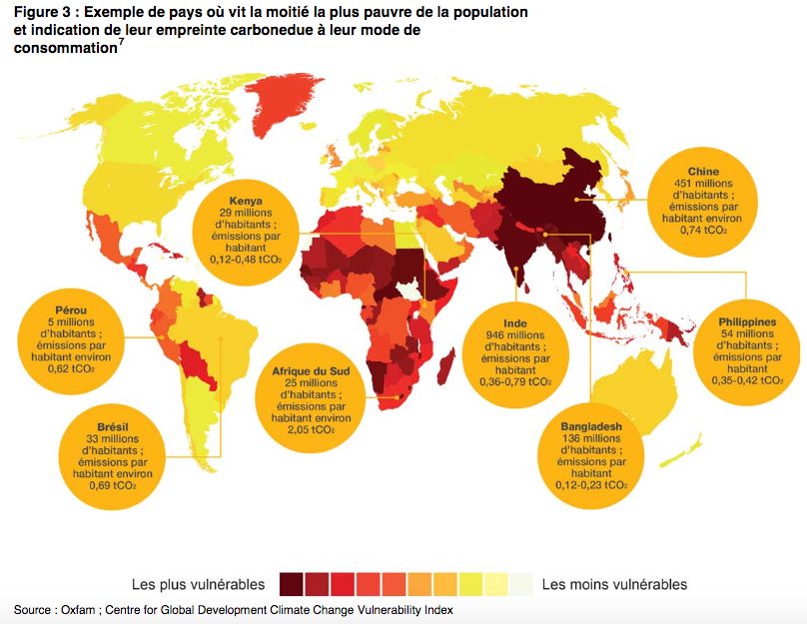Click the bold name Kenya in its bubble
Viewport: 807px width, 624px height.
(246, 200)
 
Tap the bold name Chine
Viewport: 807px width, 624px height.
(703, 172)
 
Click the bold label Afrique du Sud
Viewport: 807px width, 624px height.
(311, 370)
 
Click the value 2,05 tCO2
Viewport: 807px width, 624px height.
(311, 430)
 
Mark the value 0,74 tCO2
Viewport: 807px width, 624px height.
(703, 231)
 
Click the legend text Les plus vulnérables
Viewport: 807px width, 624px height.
(199, 584)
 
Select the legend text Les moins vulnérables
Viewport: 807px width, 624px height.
(614, 584)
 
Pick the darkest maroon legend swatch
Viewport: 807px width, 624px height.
(292, 584)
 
